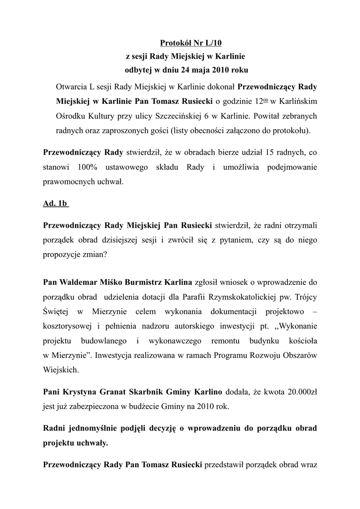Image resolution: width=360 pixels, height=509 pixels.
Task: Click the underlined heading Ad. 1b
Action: point(55,204)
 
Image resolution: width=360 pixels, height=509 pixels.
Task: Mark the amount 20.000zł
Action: point(297,392)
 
